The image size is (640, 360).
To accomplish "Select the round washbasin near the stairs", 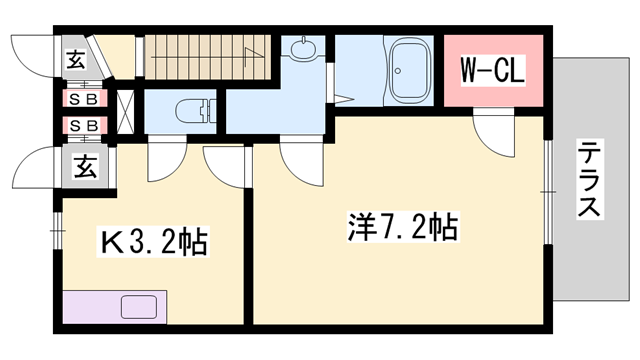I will coord(304,49).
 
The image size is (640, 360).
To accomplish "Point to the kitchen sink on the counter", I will coord(134,306).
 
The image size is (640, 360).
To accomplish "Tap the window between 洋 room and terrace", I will coord(549,187).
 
